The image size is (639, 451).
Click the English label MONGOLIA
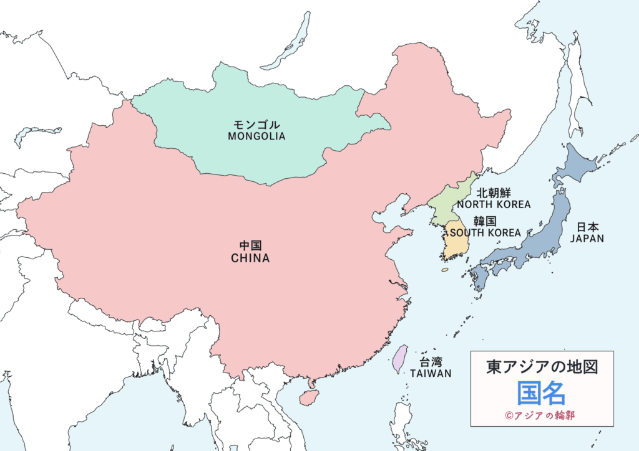pyautogui.click(x=256, y=136)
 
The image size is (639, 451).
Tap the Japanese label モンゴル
pyautogui.click(x=256, y=125)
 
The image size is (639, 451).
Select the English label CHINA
pyautogui.click(x=250, y=258)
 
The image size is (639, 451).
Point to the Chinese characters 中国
pyautogui.click(x=250, y=246)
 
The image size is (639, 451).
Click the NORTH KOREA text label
pyautogui.click(x=494, y=204)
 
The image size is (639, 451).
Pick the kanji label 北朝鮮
pyautogui.click(x=494, y=192)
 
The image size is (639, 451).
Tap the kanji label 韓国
pyautogui.click(x=485, y=221)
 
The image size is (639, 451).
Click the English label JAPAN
pyautogui.click(x=587, y=238)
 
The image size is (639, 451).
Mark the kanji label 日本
pyautogui.click(x=587, y=227)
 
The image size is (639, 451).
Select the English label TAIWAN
pyautogui.click(x=431, y=373)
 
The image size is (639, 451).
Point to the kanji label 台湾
pyautogui.click(x=431, y=362)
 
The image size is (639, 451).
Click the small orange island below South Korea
pyautogui.click(x=445, y=270)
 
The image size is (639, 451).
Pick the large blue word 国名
pyautogui.click(x=541, y=393)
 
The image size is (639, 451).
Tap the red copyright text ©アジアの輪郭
pyautogui.click(x=541, y=415)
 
